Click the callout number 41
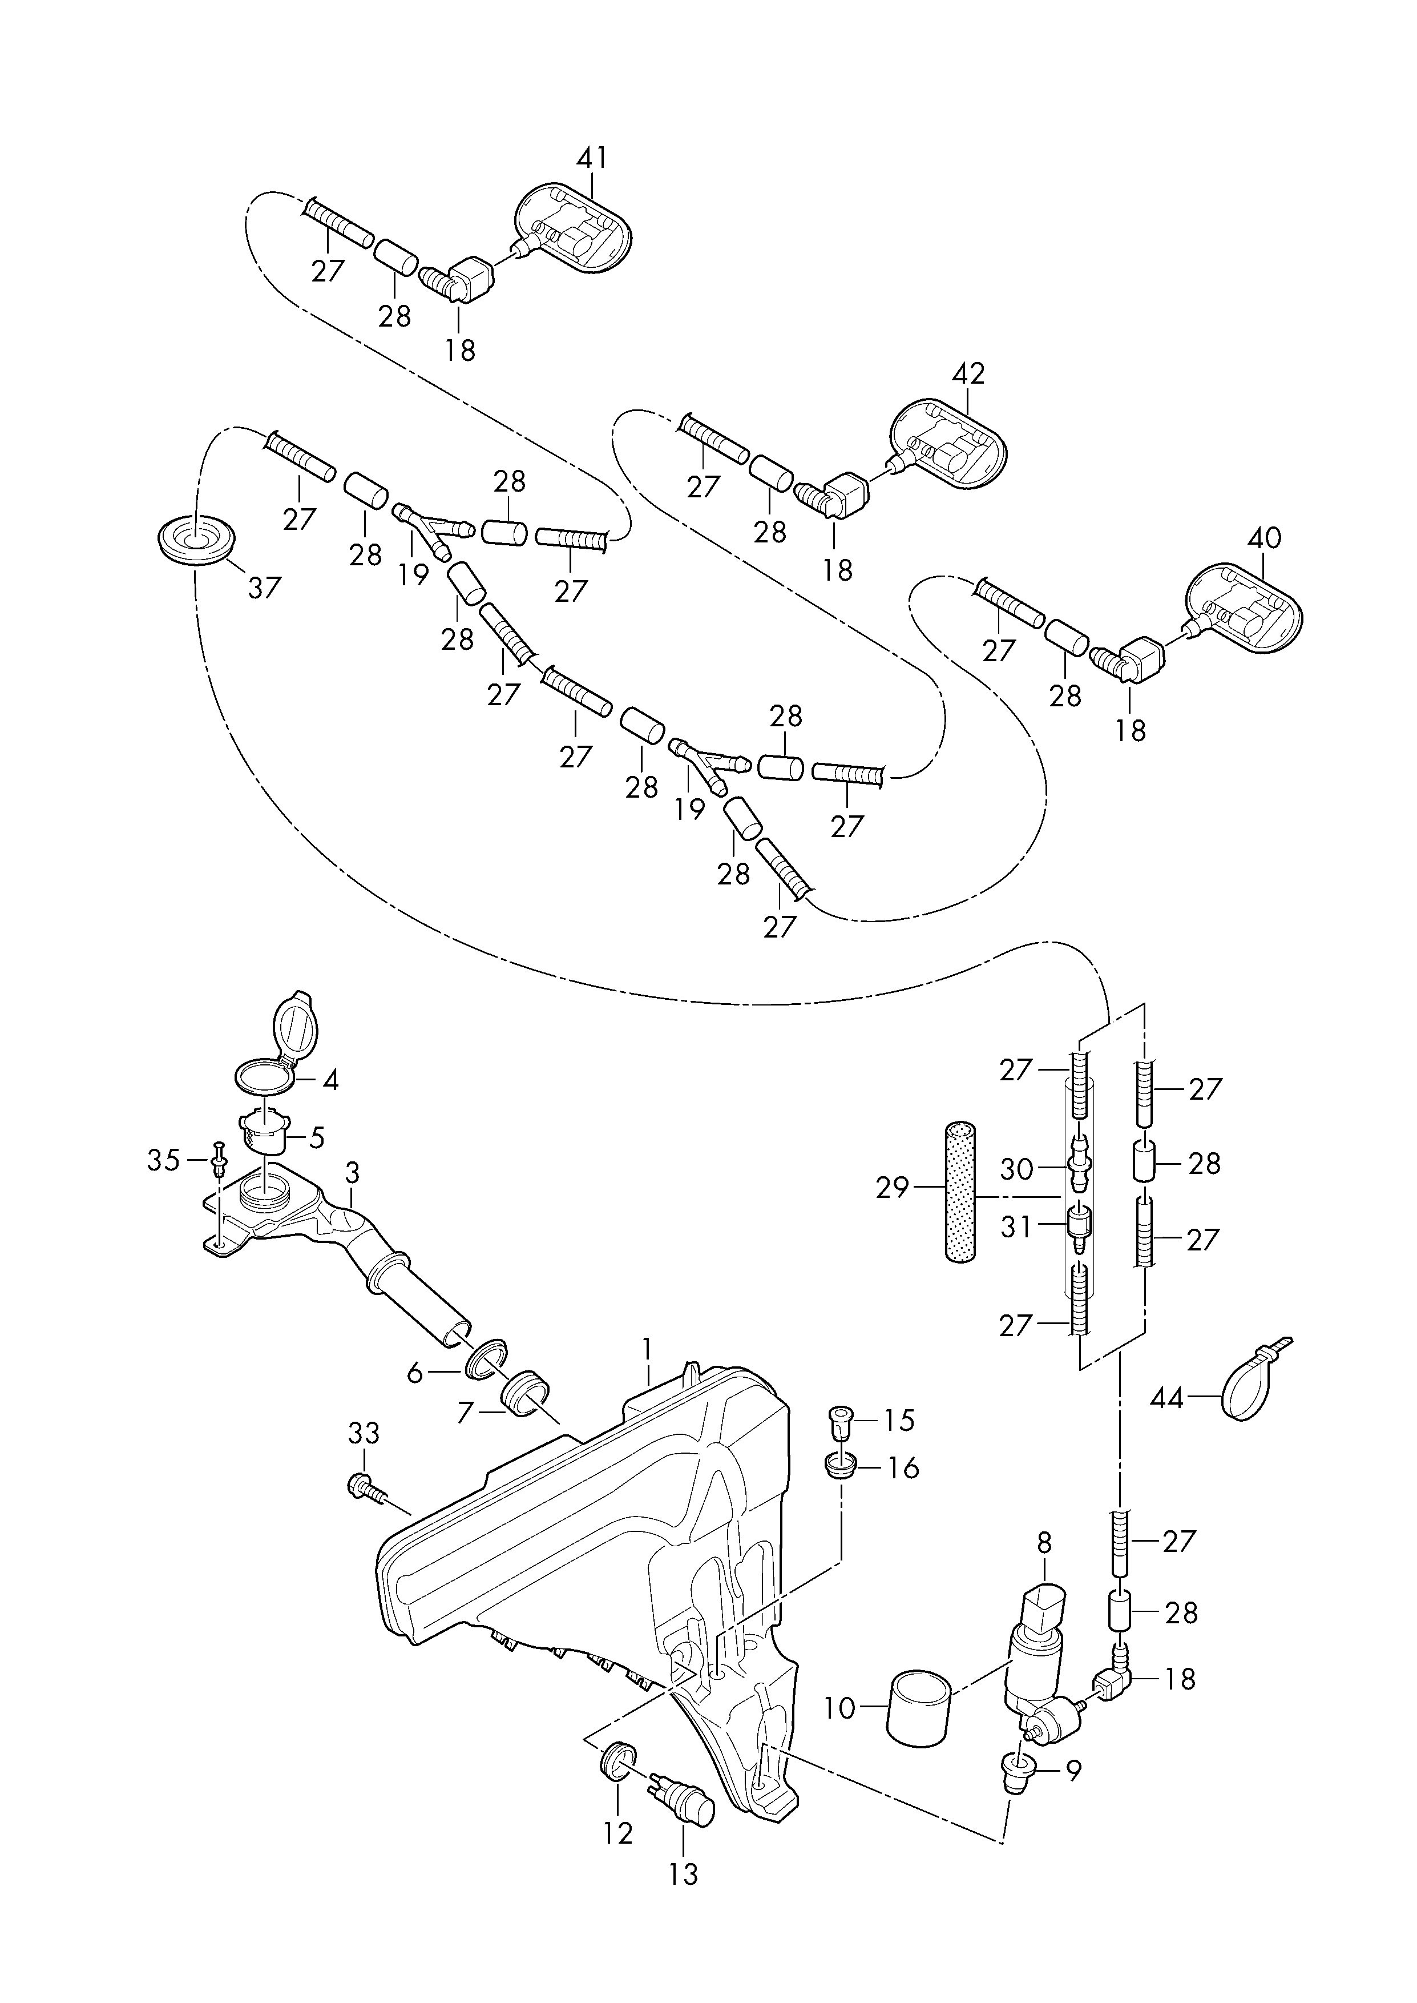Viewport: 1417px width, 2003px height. pyautogui.click(x=592, y=158)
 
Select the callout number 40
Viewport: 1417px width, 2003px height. pyautogui.click(x=1264, y=538)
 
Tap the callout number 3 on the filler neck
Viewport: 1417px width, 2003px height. pyautogui.click(x=352, y=1172)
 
